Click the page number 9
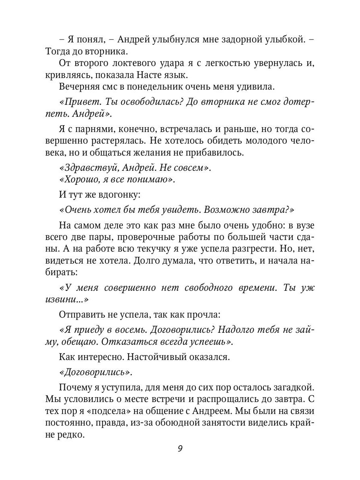pyautogui.click(x=180, y=448)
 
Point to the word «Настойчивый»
pyautogui.click(x=147, y=357)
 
